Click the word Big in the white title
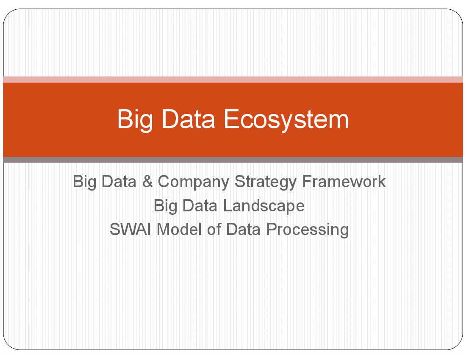tap(135, 119)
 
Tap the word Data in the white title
tap(188, 119)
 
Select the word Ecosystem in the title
tap(286, 119)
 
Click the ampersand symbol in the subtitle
tap(147, 181)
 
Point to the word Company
tap(193, 182)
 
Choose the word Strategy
tap(265, 182)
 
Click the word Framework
tap(344, 181)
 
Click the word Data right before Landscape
tap(200, 205)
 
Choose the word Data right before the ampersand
tap(119, 181)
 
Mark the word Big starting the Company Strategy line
tap(84, 182)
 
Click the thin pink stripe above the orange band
tap(233, 79)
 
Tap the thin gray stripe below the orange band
tap(233, 160)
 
